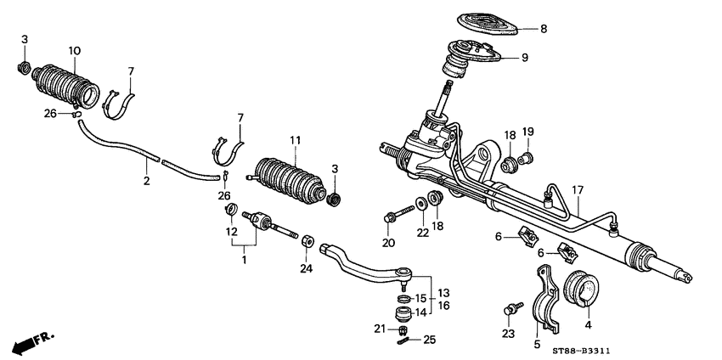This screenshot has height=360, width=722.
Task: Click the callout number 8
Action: [x=544, y=29]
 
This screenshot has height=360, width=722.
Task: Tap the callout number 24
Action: [x=306, y=269]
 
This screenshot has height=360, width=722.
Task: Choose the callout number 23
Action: [x=508, y=335]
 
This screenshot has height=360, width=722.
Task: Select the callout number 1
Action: [x=244, y=259]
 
